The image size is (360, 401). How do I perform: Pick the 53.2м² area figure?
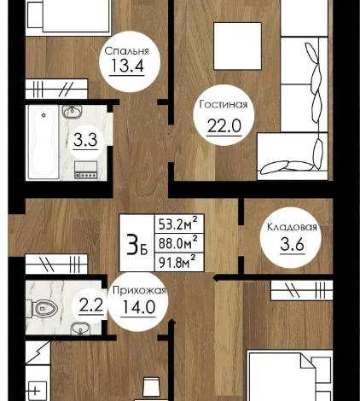point(179,225)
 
